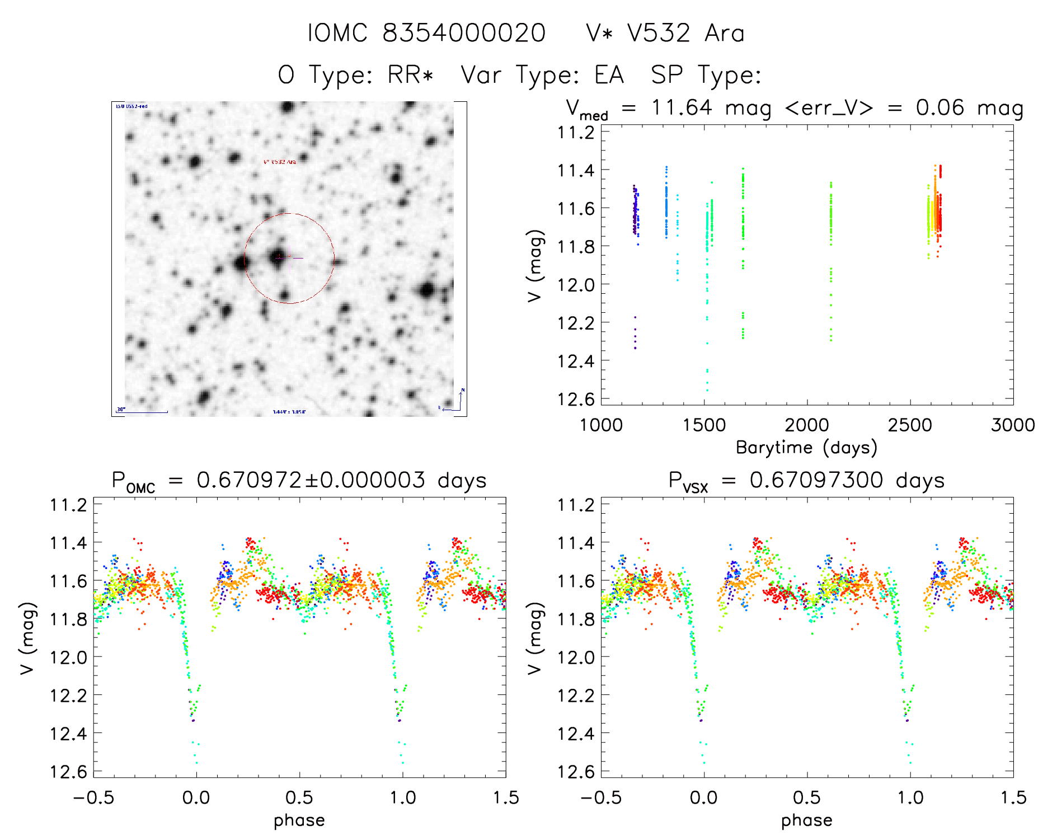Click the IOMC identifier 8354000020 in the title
click(464, 34)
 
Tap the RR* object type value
click(411, 75)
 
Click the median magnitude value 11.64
click(682, 107)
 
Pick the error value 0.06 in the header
click(940, 107)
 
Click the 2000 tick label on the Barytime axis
click(807, 425)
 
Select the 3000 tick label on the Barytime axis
click(1013, 425)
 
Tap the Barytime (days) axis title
click(806, 448)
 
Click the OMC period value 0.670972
click(249, 481)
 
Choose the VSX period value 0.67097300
click(816, 481)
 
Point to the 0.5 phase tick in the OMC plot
click(299, 797)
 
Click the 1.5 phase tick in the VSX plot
click(1013, 797)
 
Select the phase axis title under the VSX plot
click(806, 820)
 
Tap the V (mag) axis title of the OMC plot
click(28, 638)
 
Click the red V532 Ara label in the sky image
click(279, 162)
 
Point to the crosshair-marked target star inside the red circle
click(278, 257)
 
